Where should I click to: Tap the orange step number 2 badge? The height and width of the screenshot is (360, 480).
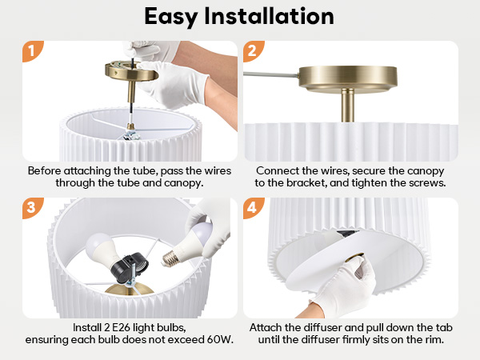(251, 52)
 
